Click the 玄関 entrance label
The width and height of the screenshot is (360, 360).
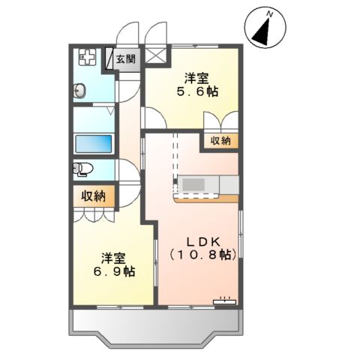click(125, 58)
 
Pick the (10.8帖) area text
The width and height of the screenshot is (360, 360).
click(202, 256)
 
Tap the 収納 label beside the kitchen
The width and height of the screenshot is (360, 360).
click(220, 141)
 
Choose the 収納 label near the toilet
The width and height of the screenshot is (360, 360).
click(94, 196)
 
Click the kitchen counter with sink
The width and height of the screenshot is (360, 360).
click(205, 185)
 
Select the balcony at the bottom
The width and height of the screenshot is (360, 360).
click(154, 326)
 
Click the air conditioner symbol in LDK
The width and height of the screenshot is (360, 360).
click(224, 301)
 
